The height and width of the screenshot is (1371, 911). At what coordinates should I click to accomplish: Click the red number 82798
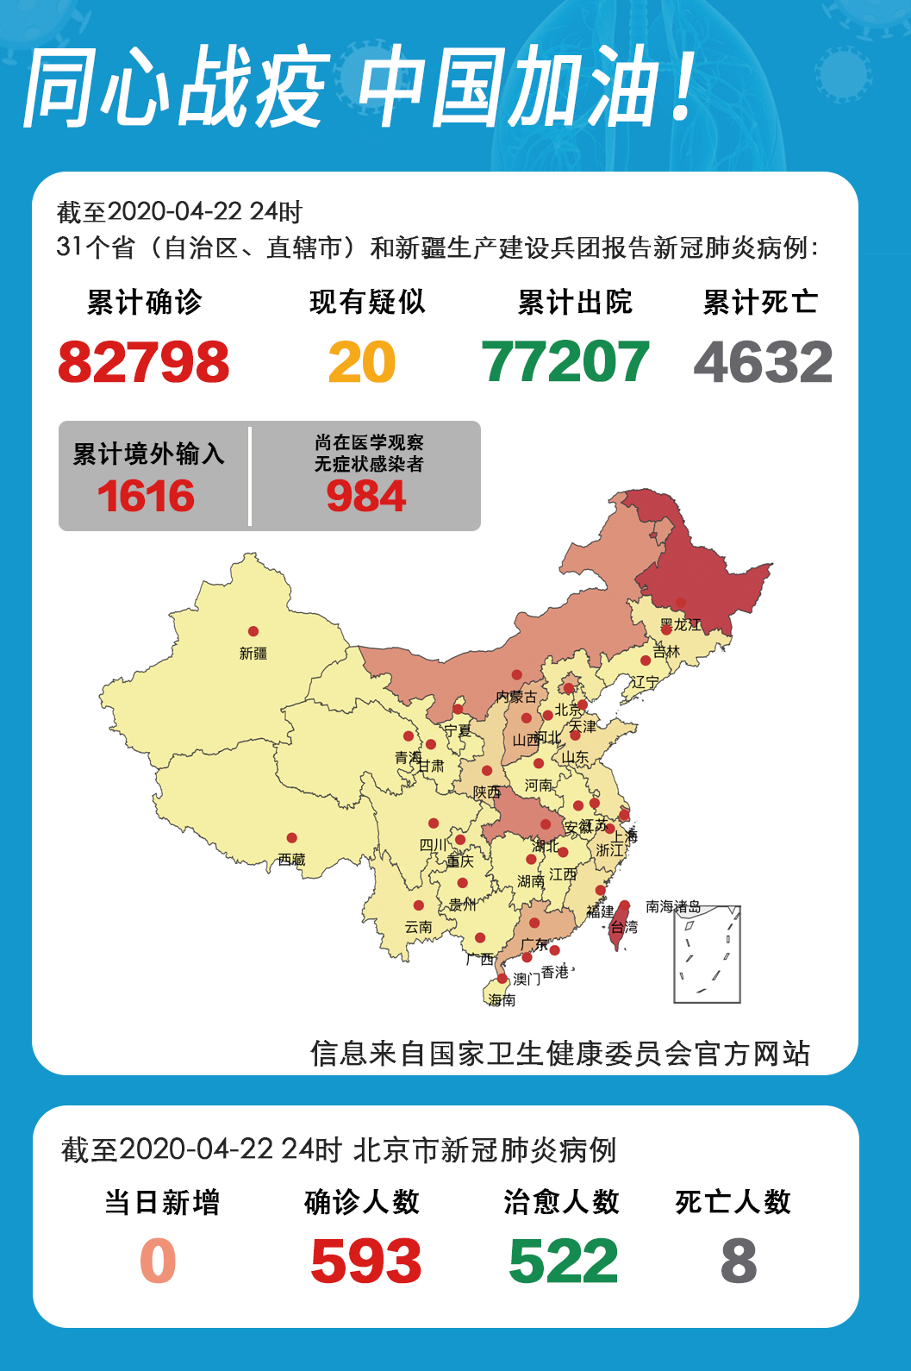tap(144, 362)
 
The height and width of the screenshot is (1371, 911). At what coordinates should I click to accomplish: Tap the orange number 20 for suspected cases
tap(362, 362)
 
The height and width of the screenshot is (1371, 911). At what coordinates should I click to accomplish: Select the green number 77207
tap(565, 362)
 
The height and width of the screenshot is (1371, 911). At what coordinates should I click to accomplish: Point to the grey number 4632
tap(763, 362)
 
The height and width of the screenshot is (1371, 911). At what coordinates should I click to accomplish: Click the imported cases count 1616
tap(146, 497)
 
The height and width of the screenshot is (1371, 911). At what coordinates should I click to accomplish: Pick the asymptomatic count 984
tap(366, 497)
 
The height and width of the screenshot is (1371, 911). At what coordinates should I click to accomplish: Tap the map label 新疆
tap(253, 654)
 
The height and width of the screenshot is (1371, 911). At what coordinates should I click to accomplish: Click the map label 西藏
tap(291, 860)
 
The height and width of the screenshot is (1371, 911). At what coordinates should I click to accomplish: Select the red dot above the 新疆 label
tap(253, 631)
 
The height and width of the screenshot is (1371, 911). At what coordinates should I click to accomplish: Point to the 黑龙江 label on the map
tap(680, 624)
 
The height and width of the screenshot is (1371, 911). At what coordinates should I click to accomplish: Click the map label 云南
tap(418, 927)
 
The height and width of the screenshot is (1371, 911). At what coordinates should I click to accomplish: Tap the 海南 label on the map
tap(502, 1000)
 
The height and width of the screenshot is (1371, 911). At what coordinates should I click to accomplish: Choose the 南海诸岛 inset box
tap(707, 955)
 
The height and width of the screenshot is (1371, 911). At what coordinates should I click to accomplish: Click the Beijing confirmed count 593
tap(366, 1261)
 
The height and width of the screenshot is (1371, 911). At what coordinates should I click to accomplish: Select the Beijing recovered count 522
tap(564, 1261)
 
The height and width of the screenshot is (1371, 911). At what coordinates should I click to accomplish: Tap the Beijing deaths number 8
tap(739, 1261)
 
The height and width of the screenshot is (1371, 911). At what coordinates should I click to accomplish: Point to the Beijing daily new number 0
tap(159, 1261)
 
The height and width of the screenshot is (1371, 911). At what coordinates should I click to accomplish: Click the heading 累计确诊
tap(144, 302)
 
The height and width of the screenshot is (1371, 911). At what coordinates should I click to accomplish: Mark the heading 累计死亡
tap(760, 302)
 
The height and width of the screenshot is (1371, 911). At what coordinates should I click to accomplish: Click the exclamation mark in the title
tap(683, 86)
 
